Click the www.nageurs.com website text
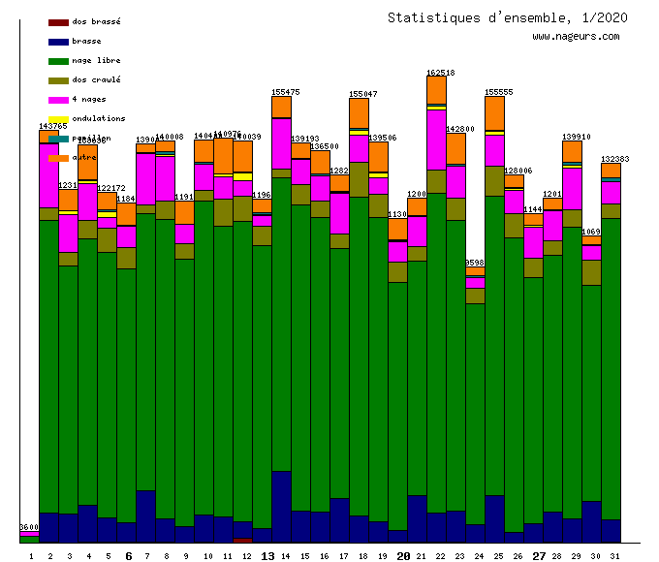click(x=576, y=37)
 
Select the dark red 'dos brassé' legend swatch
click(x=58, y=22)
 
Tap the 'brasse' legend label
click(x=87, y=42)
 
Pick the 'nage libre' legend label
click(x=96, y=61)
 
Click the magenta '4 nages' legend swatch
click(x=58, y=100)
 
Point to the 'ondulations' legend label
click(x=99, y=119)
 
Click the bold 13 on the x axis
click(x=268, y=556)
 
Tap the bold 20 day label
click(x=404, y=556)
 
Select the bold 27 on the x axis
click(x=540, y=556)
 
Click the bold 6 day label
click(x=128, y=556)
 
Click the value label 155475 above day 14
click(x=286, y=92)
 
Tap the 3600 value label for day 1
click(x=29, y=527)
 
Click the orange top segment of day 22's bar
click(x=436, y=89)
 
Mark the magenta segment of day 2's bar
click(x=48, y=174)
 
